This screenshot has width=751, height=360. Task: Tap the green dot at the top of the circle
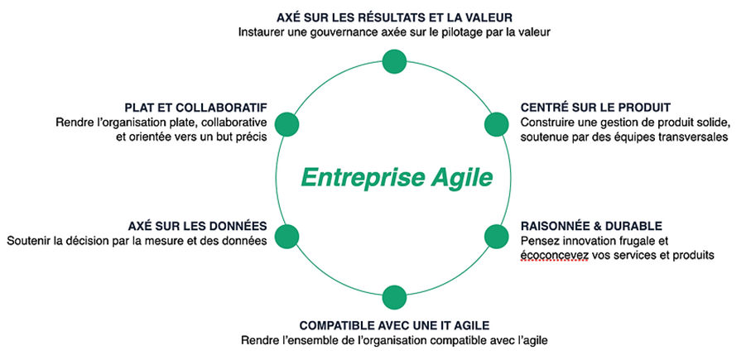394,62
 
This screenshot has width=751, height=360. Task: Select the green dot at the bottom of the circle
394,297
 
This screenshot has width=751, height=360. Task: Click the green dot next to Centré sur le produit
496,124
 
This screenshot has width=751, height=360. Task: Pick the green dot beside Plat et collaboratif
287,124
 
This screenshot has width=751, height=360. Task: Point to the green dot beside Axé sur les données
287,236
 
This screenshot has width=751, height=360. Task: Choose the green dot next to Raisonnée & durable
496,236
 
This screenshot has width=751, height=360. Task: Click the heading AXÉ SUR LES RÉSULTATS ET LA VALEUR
395,17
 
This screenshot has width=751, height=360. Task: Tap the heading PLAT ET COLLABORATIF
195,107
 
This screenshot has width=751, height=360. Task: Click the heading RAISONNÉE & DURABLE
591,225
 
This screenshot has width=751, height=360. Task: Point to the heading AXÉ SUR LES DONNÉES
197,225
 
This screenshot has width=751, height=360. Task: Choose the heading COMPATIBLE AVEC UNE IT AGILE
395,326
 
